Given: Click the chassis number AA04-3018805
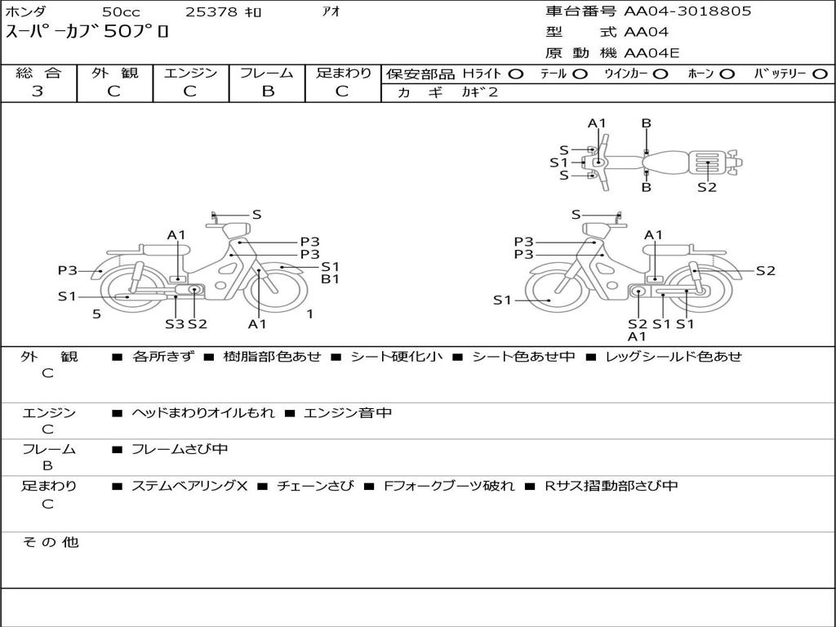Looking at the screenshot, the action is [x=687, y=11].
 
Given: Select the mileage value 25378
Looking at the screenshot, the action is [x=211, y=11].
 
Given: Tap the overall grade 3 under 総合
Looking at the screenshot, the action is [x=38, y=91].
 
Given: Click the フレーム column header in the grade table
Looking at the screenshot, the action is [x=267, y=73].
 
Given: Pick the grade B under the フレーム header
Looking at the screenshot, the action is [x=268, y=91].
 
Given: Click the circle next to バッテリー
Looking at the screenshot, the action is [x=820, y=74].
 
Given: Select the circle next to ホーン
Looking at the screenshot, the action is [x=727, y=74].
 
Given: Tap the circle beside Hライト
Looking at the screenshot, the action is [x=516, y=74].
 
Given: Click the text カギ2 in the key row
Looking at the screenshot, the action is [x=479, y=92].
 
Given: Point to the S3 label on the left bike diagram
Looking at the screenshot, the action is [x=175, y=324].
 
